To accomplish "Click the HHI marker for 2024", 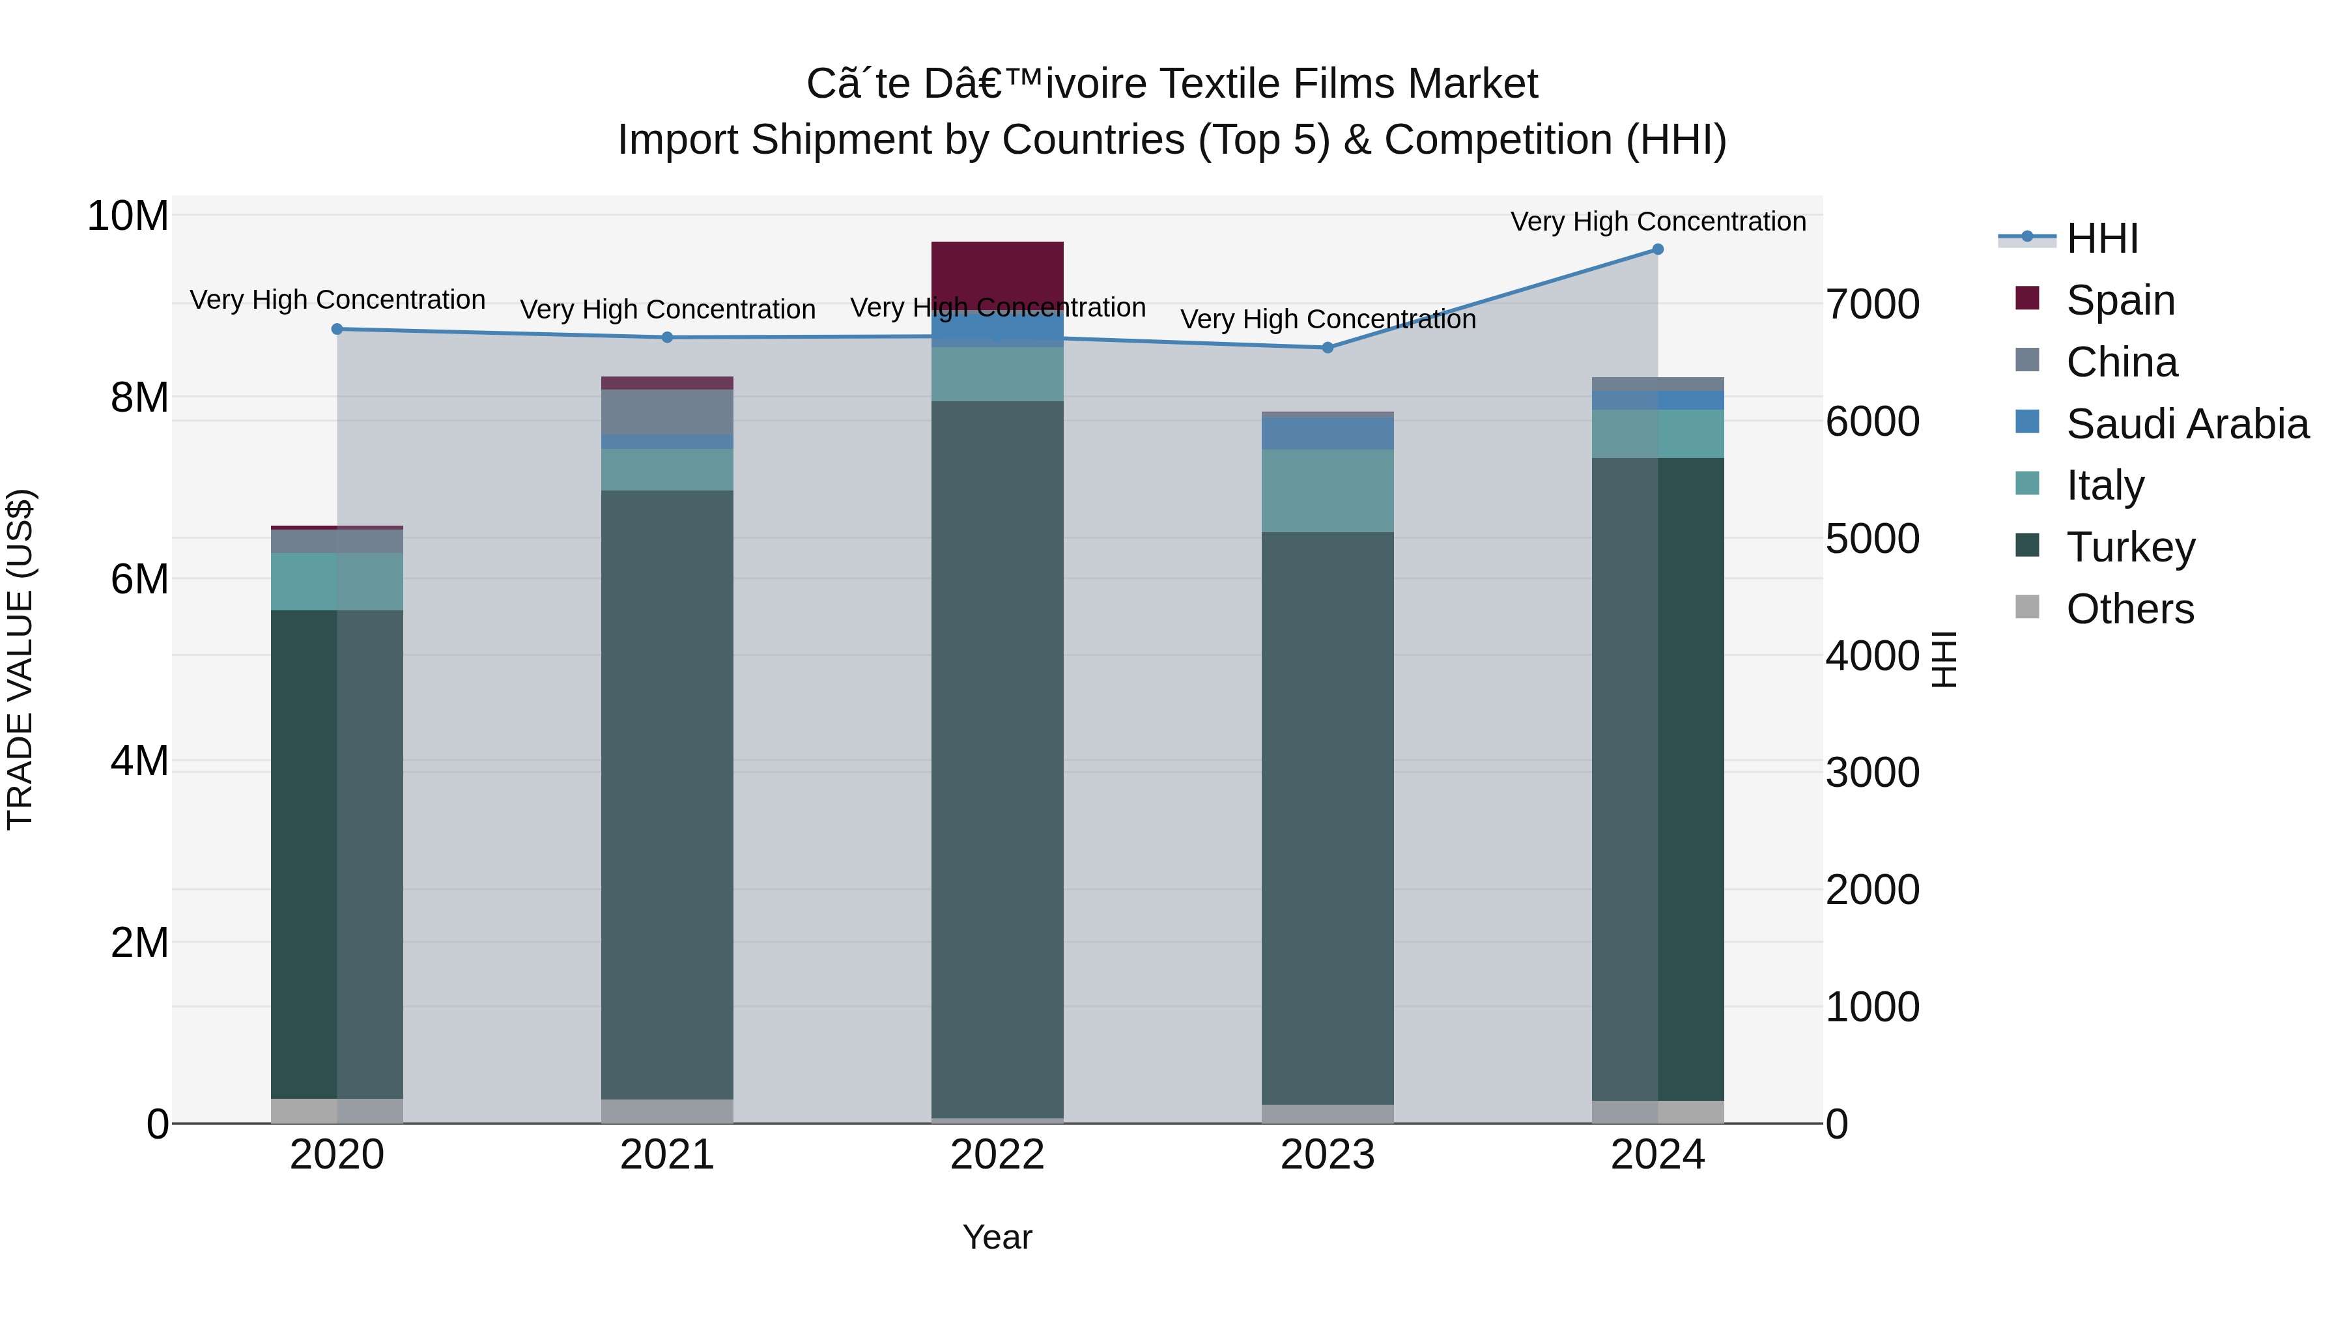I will click(x=1656, y=249).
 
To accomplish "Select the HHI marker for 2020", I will click(x=337, y=329).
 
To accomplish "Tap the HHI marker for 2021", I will click(x=667, y=337).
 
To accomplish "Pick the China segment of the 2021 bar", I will click(x=667, y=412).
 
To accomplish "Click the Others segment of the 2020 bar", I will click(x=337, y=1111).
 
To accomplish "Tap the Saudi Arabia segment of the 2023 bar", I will click(x=1328, y=433).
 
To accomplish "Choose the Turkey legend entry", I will click(x=2130, y=547).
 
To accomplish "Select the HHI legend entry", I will click(x=2101, y=238).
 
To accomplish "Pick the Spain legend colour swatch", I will click(x=2027, y=298).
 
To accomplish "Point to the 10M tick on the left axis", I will click(x=128, y=217).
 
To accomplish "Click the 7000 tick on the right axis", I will click(x=1873, y=304).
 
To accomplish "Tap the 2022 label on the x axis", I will click(x=997, y=1155).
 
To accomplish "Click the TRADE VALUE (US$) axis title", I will click(x=20, y=659).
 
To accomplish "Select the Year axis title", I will click(x=997, y=1237).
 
